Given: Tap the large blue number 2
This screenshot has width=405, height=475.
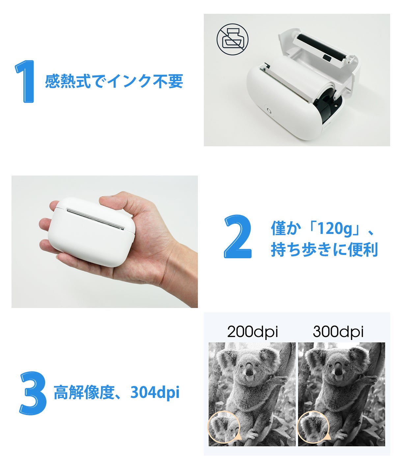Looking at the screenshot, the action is pos(237,237).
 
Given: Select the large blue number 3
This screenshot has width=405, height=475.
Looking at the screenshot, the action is pos(33,393).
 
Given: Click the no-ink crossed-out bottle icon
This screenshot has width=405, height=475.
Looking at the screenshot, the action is pos(232,39).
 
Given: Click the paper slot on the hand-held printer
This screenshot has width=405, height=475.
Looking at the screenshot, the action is pos(95,219).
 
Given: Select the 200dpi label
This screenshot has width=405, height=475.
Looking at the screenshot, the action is pos(253,332).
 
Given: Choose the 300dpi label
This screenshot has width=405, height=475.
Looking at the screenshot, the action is pos(338,332).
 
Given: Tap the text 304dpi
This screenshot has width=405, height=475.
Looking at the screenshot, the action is pos(155,393).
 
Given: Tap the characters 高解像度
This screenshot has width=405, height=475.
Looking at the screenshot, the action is pos(84,393).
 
